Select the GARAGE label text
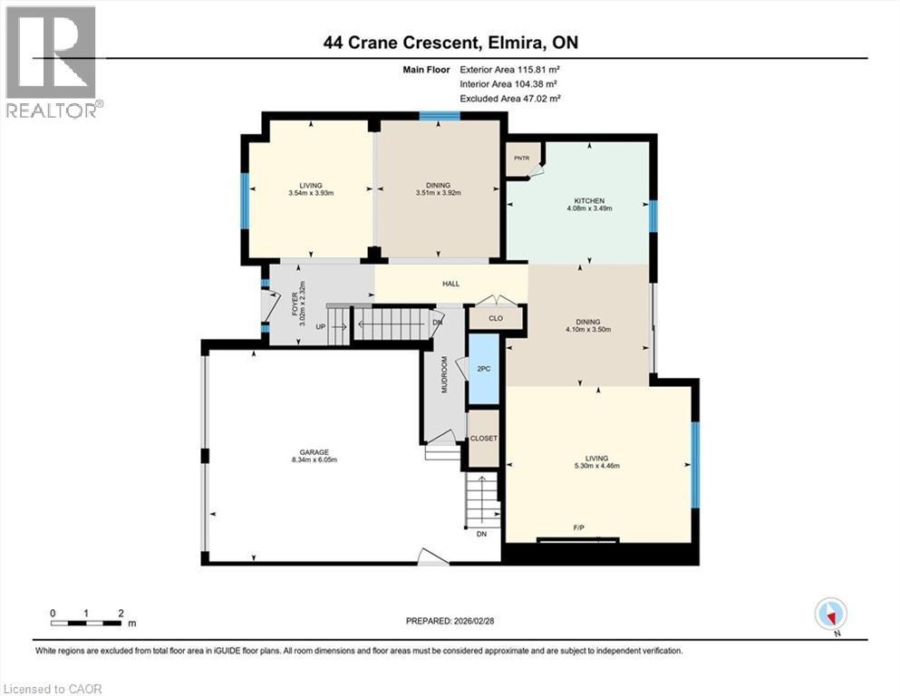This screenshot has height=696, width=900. point(315,451)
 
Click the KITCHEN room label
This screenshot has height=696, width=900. point(589,200)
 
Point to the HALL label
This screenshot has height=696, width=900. point(450,284)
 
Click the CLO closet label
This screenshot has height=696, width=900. point(496,318)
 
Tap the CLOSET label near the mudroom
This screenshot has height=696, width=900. point(483,439)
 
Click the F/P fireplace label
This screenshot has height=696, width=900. point(577,527)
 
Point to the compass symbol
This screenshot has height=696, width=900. point(830,614)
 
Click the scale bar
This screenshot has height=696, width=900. point(87,623)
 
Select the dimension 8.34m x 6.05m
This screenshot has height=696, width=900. point(315,459)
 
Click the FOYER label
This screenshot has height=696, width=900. point(295,303)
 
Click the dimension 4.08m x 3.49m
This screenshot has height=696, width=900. point(589,208)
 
